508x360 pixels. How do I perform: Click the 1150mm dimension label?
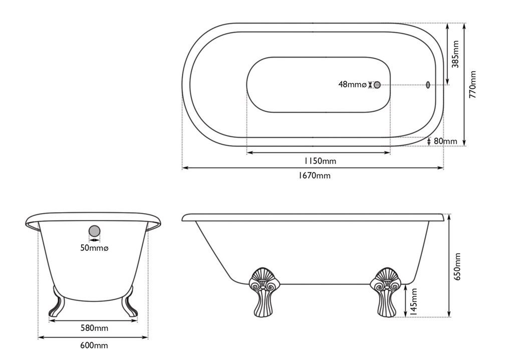pos(320,161)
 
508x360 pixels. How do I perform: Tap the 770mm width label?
pos(472,84)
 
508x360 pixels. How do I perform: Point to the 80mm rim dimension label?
pos(445,141)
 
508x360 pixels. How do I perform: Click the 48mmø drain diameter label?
pos(352,85)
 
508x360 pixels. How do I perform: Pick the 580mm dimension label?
pos(94,328)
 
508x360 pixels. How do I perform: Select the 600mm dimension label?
pos(94,345)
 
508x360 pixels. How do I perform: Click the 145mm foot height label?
pos(413,300)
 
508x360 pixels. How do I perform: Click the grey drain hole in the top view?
pos(377,85)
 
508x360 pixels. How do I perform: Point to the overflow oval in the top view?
pos(427,85)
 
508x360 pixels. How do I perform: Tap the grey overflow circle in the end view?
pos(94,232)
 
